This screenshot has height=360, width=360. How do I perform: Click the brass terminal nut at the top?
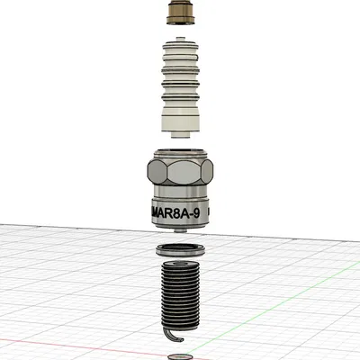coord(180,13)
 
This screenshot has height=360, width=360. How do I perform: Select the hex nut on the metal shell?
coord(180,169)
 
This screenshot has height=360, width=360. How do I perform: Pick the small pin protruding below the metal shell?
coord(181,231)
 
